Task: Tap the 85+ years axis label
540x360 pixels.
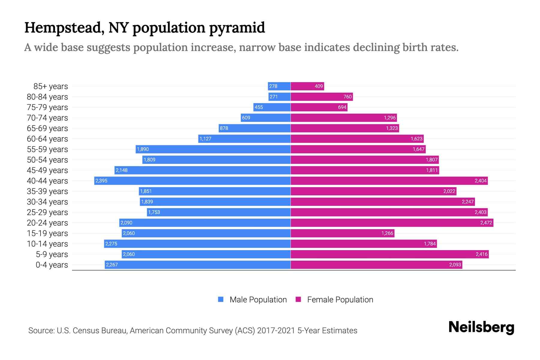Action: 51,86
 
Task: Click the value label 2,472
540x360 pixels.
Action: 486,223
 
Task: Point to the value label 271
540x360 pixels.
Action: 273,97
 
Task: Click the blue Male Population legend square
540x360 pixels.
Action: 221,299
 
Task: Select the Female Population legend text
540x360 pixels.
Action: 340,299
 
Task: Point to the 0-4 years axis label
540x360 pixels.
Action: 52,265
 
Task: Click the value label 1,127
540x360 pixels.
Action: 205,139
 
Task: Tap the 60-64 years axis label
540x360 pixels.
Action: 47,139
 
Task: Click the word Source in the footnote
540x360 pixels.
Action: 41,331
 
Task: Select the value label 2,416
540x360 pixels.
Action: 481,254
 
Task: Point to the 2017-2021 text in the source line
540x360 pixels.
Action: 276,331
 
